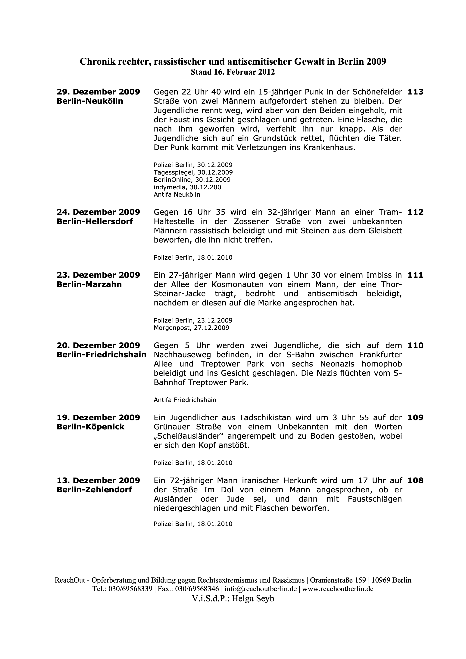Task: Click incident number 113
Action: [x=415, y=92]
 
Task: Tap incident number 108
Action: [x=415, y=481]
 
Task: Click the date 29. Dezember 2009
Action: [x=98, y=92]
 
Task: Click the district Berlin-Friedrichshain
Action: [x=101, y=355]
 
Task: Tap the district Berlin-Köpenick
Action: [x=90, y=427]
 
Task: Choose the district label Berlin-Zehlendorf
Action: [x=94, y=490]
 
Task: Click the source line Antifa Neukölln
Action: [x=177, y=195]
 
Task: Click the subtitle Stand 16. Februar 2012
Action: [x=233, y=72]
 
